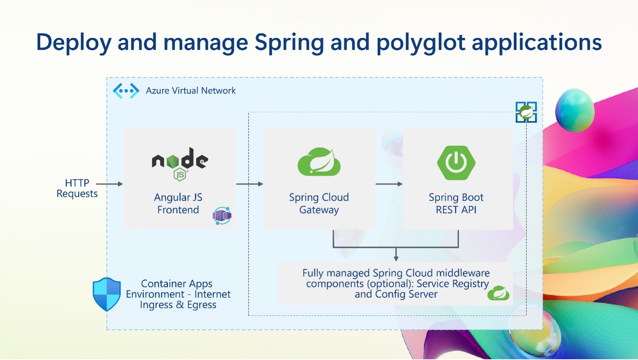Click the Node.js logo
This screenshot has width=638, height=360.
180,164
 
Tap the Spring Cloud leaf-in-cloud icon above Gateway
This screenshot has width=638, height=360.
319,162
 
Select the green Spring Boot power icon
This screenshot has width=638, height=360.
456,163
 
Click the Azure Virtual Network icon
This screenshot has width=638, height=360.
126,91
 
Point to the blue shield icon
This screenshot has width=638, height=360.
107,294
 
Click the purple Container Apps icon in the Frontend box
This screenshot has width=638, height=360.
222,216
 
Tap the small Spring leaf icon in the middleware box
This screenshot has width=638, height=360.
498,293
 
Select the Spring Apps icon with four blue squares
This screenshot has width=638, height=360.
526,112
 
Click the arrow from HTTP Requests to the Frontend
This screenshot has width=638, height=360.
110,184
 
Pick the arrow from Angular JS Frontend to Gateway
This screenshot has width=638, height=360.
249,184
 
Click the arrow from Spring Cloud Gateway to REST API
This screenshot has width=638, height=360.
389,184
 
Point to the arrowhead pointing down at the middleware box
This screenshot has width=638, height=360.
396,258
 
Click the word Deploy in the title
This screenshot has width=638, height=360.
74,43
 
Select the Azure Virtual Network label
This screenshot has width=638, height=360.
191,90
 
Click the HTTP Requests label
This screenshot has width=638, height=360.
77,188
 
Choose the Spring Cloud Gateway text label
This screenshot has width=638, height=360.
319,203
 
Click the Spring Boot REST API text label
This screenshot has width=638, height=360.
456,203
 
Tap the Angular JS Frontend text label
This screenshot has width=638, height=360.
178,203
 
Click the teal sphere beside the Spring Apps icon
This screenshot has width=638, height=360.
575,110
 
